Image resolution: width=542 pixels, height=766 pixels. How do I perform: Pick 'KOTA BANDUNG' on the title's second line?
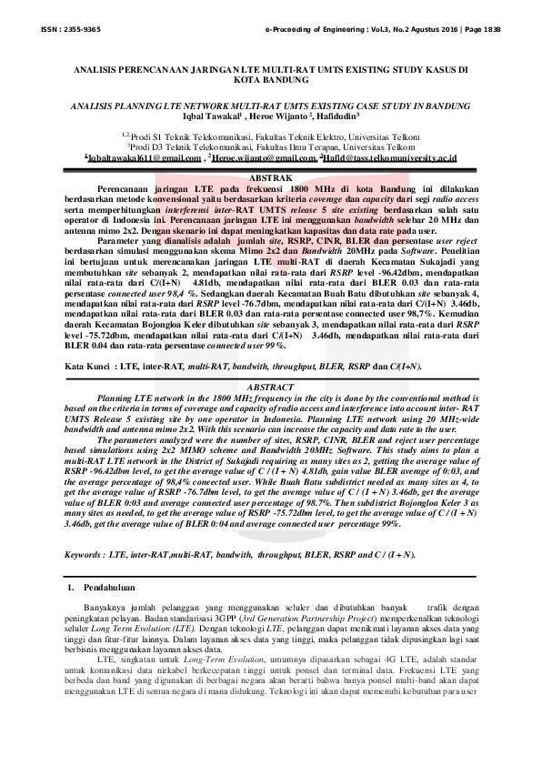tap(270, 80)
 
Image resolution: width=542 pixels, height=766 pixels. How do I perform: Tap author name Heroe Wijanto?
tap(276, 116)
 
